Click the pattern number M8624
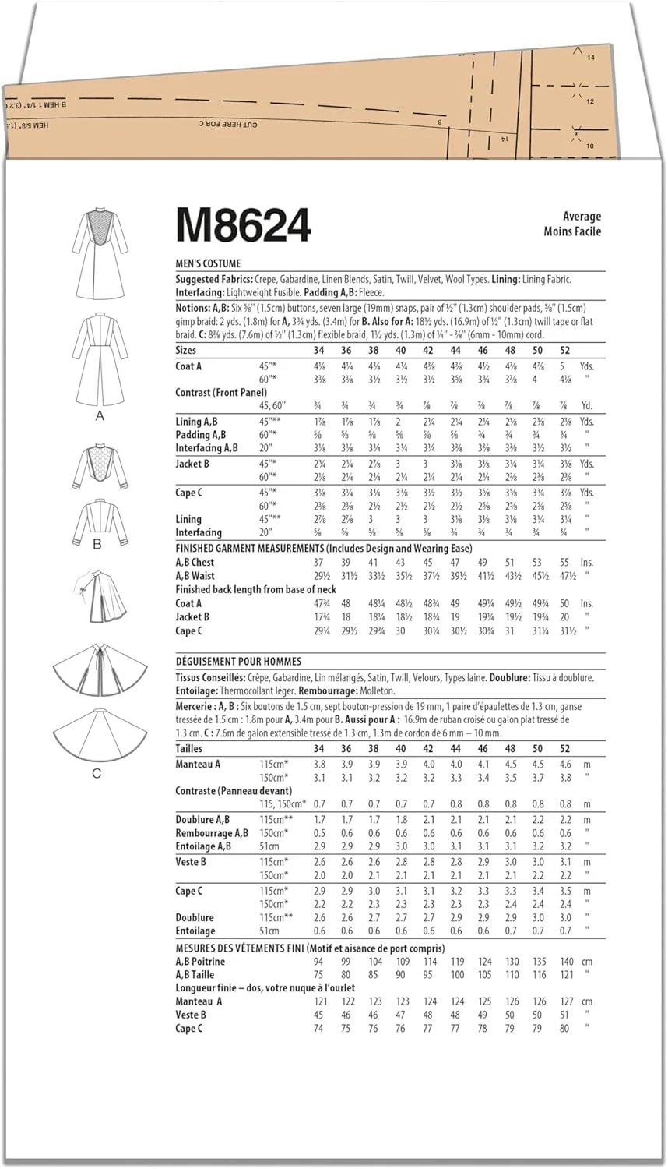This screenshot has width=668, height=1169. click(244, 225)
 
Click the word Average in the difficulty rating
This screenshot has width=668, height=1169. click(582, 217)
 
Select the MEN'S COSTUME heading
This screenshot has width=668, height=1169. click(208, 263)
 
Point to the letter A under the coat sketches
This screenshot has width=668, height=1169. click(100, 416)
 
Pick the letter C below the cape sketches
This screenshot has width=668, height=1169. click(97, 773)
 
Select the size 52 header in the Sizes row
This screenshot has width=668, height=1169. click(564, 351)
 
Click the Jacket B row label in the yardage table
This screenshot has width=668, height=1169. click(192, 464)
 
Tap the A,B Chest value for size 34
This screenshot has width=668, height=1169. click(318, 563)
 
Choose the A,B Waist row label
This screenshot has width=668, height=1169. click(195, 576)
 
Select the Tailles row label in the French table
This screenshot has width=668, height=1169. click(192, 749)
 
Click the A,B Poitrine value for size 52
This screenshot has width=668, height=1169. click(566, 962)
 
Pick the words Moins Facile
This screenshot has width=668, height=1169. click(572, 231)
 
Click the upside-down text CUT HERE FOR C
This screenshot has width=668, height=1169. click(227, 124)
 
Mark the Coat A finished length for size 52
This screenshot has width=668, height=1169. click(564, 603)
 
